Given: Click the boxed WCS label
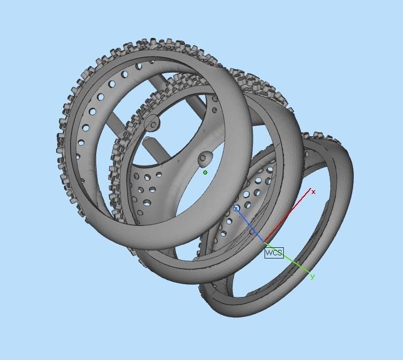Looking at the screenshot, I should [274, 253].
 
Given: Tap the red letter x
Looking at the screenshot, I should [314, 192].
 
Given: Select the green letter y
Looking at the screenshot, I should [312, 276].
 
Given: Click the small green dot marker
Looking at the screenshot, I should [205, 173].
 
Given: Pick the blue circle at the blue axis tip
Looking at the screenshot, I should [236, 209].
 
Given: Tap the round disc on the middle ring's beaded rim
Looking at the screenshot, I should [153, 123].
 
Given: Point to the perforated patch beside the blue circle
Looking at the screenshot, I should [251, 192].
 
